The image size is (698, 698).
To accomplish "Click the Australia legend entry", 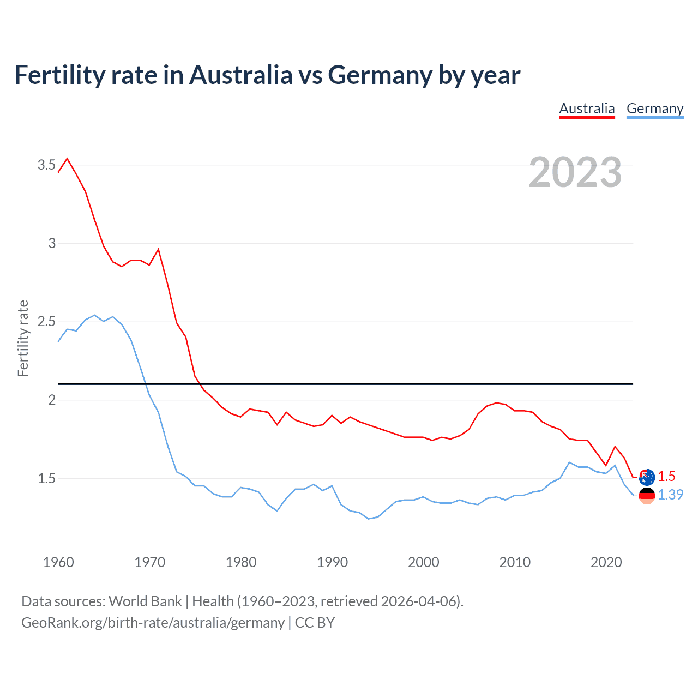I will (587, 109).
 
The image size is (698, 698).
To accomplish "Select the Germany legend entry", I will (654, 109).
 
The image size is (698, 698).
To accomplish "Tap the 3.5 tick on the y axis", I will (46, 165).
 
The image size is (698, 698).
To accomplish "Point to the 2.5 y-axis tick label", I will (46, 321).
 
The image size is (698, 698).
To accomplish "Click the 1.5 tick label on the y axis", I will (46, 478).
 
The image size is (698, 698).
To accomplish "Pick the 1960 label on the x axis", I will (58, 562).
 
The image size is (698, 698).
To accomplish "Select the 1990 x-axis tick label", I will (332, 562).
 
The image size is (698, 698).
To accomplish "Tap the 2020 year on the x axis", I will (606, 562).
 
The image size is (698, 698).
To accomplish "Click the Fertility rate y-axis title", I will (23, 338).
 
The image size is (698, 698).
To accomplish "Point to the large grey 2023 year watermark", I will (575, 172).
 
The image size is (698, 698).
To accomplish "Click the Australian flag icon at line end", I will (647, 477).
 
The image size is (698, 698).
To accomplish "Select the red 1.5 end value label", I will (666, 476).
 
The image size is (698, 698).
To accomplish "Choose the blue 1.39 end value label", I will (670, 495).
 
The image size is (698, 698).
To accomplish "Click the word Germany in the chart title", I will (380, 75).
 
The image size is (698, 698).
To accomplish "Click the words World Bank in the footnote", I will (145, 601).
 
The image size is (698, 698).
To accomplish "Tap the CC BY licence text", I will (315, 623).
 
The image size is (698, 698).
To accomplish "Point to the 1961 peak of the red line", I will (67, 159).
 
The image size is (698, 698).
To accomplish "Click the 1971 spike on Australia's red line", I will (158, 249).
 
